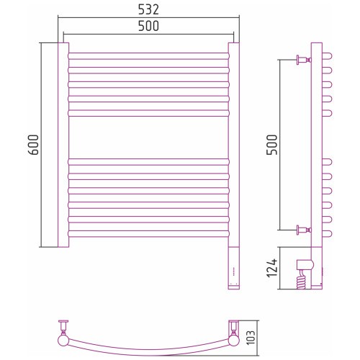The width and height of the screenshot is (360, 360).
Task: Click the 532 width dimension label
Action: coord(148,10)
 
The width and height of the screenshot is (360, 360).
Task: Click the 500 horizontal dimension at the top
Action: coord(148,26)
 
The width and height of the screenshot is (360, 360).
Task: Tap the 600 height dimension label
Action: coord(33,145)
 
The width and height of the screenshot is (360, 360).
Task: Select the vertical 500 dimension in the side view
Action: coord(272,145)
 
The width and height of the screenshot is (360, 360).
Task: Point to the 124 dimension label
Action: coord(272,268)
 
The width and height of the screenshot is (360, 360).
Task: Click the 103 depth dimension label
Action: coord(251,338)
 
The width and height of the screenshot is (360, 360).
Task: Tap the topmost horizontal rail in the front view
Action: coord(148,56)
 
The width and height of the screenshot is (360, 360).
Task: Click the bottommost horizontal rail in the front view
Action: coord(148,234)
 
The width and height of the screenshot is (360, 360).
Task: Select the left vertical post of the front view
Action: coord(63,145)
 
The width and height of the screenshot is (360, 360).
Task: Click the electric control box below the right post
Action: coord(234,268)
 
